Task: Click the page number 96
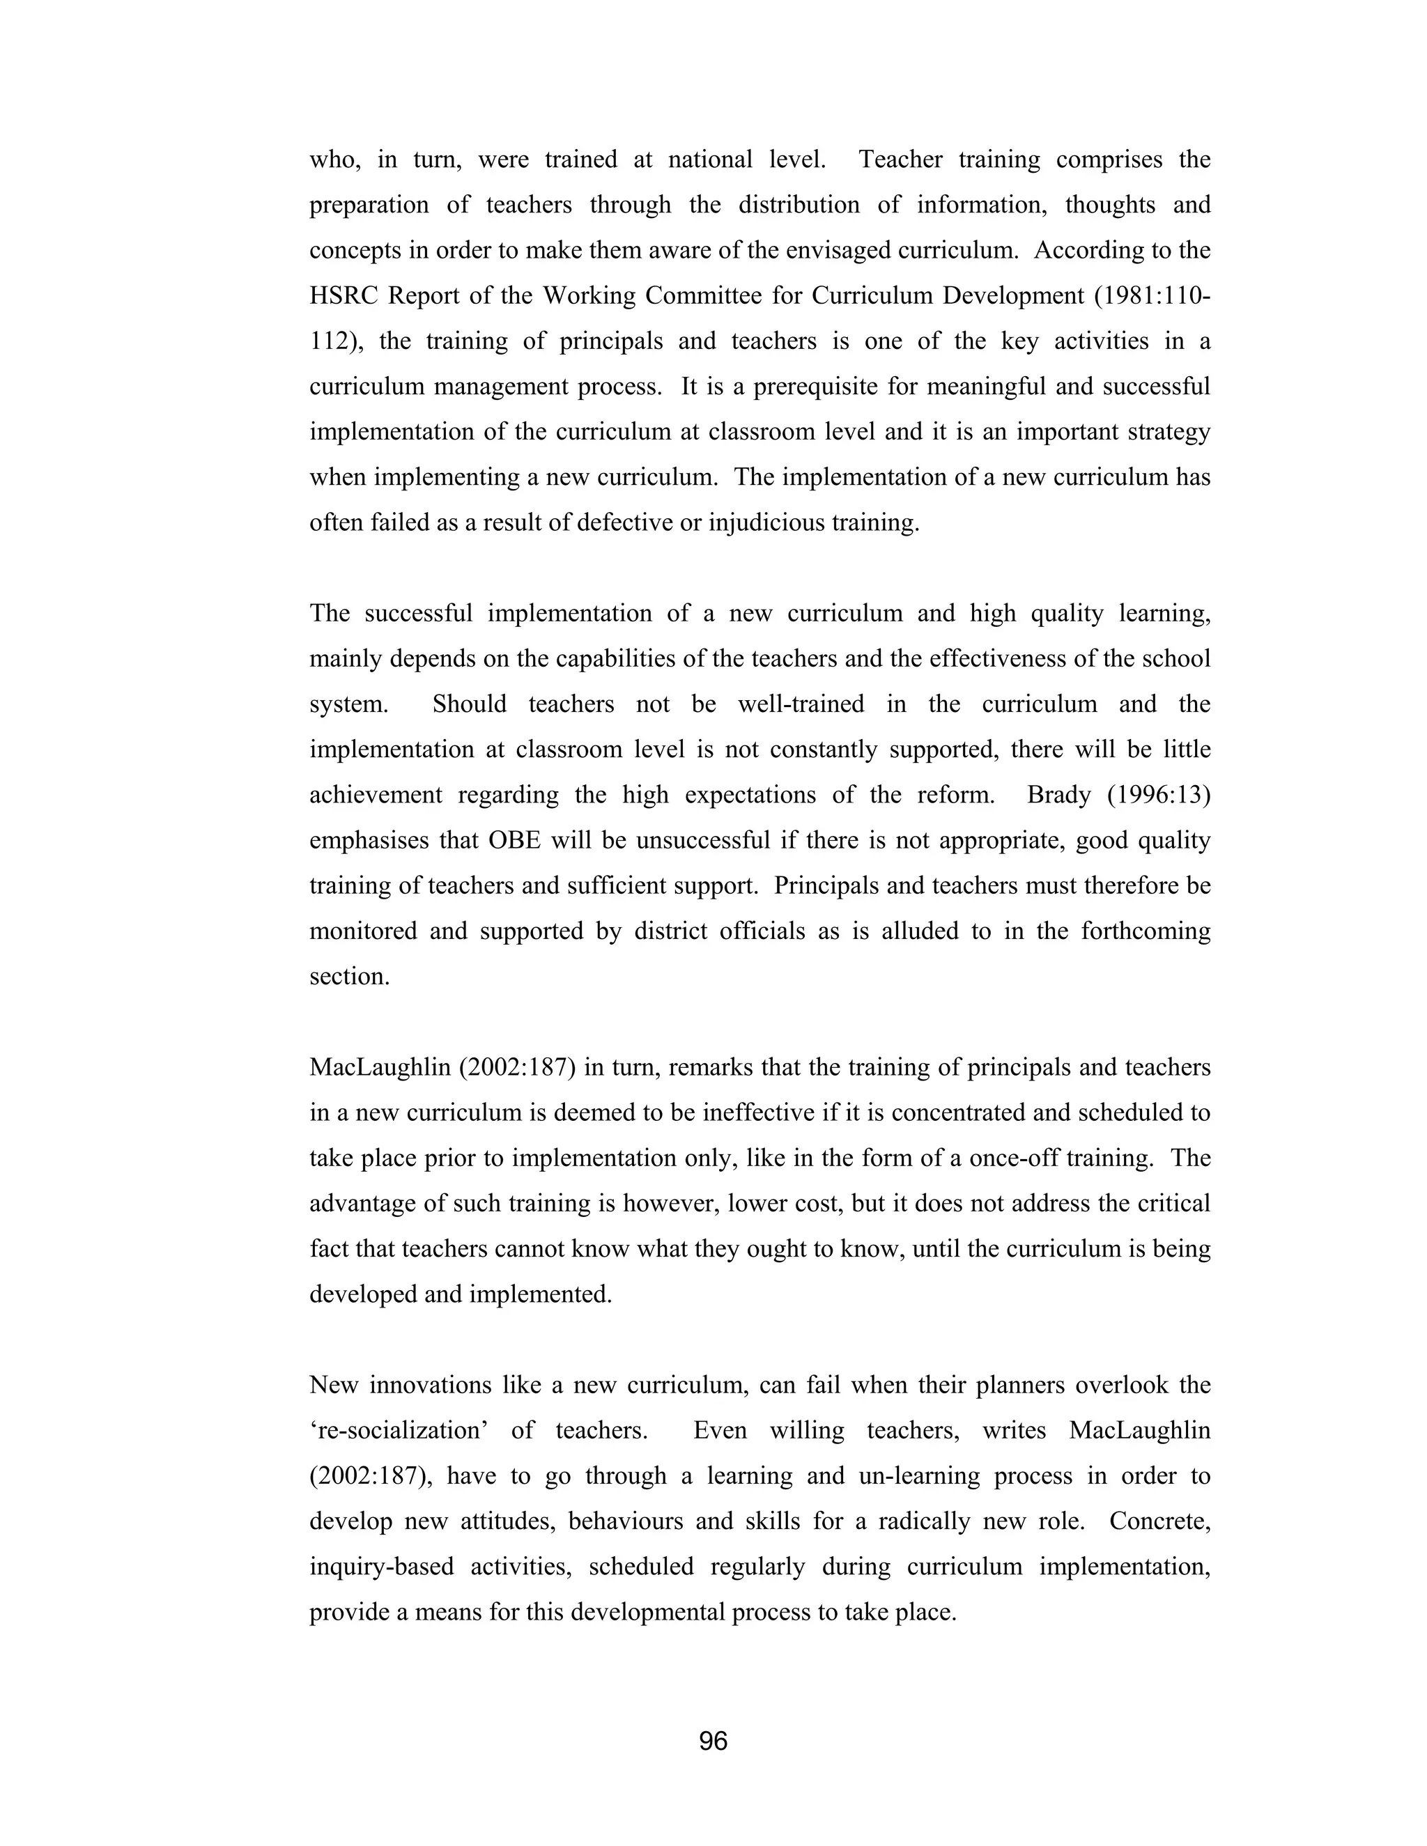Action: (x=713, y=1742)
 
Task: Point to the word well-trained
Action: (x=801, y=705)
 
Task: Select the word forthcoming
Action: (x=1145, y=931)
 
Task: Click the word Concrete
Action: (x=1161, y=1521)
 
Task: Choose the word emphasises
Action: (x=370, y=841)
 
